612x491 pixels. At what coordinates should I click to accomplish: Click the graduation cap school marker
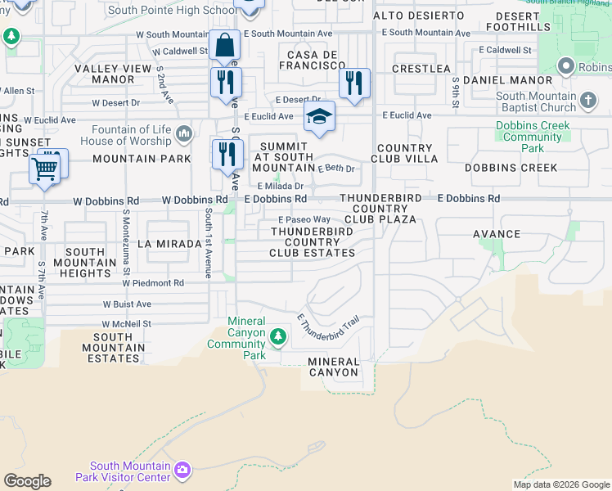pos(319,115)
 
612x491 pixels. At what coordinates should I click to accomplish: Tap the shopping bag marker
pos(223,45)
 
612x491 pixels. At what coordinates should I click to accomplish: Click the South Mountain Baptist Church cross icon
pos(587,102)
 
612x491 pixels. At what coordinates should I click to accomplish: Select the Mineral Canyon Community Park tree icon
pos(278,336)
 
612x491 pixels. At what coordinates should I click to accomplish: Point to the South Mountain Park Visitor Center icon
pos(182,470)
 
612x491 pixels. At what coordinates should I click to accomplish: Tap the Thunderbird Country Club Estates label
pos(313,242)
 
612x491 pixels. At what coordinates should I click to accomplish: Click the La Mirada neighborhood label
pos(169,244)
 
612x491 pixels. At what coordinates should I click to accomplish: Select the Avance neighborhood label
pos(496,234)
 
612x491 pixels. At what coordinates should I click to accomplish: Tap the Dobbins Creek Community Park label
pos(532,137)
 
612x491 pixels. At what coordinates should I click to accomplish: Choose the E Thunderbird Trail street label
pos(328,327)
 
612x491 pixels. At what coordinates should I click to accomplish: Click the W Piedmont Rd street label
pos(154,283)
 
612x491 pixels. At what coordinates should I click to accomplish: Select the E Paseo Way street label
pos(304,219)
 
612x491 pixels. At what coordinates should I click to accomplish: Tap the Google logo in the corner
pos(27,481)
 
